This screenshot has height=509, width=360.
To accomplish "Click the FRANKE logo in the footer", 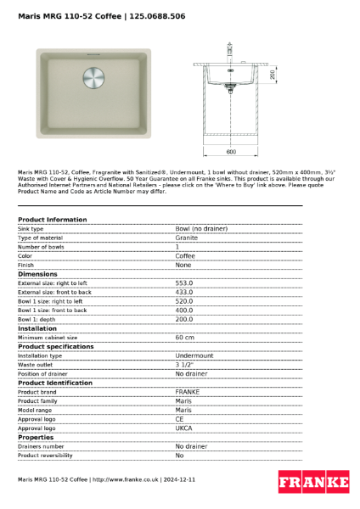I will pos(314,482).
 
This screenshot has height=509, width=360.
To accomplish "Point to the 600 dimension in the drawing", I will pos(231,152).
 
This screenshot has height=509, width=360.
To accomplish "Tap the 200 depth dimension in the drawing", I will pos(273,75).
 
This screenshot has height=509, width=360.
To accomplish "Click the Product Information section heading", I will pos(53,220).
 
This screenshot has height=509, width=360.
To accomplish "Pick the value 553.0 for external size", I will pos(184,283).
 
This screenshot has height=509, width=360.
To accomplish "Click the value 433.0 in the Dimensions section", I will pos(184,292).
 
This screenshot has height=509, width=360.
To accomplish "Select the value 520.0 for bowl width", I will pos(184,301).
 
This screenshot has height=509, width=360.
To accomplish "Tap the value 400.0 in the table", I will pos(184,310).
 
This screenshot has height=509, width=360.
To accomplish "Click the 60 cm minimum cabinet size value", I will pos(185,338).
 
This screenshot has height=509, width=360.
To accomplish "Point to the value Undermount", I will pos(194,355).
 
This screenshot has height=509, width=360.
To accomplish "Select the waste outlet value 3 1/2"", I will pos(185,365).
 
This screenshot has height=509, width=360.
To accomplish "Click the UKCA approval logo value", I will pos(185,428).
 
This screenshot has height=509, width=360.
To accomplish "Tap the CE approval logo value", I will pos(180,419).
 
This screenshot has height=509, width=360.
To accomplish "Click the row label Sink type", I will pos(31,229).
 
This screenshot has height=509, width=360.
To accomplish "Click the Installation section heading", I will pos(37,328).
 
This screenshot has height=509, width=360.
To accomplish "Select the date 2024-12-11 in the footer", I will pos(178,480).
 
